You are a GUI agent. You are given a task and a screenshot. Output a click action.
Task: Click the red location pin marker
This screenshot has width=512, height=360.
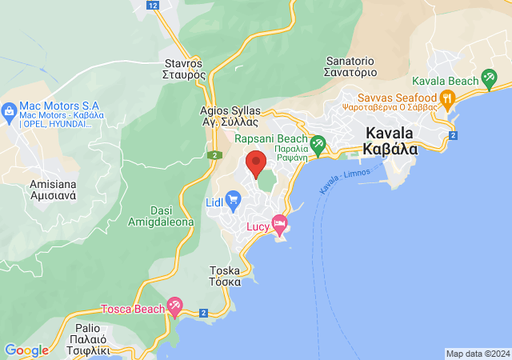coord(256,162)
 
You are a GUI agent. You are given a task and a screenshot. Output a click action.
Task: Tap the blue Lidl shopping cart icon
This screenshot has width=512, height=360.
coord(233,200)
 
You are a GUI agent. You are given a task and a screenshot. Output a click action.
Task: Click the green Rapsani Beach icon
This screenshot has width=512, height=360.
coord(318,144)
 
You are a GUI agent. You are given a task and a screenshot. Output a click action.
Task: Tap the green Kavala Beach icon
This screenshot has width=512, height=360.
coord(489,79)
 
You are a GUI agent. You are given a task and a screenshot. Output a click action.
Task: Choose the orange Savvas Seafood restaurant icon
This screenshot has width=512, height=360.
coord(447,99)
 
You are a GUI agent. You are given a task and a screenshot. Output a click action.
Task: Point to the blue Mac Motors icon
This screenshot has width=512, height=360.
coord(10,110)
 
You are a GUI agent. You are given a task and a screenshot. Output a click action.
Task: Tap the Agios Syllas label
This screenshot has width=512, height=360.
coord(230,116)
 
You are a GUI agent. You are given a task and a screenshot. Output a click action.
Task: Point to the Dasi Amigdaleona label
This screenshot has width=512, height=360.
coord(161,215)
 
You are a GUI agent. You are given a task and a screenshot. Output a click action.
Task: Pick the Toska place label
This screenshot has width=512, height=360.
coord(225,276)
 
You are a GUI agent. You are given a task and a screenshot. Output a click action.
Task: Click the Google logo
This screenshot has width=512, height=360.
coord(26,350)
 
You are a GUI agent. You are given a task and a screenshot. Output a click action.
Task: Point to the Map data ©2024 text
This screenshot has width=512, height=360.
coord(477,354)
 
